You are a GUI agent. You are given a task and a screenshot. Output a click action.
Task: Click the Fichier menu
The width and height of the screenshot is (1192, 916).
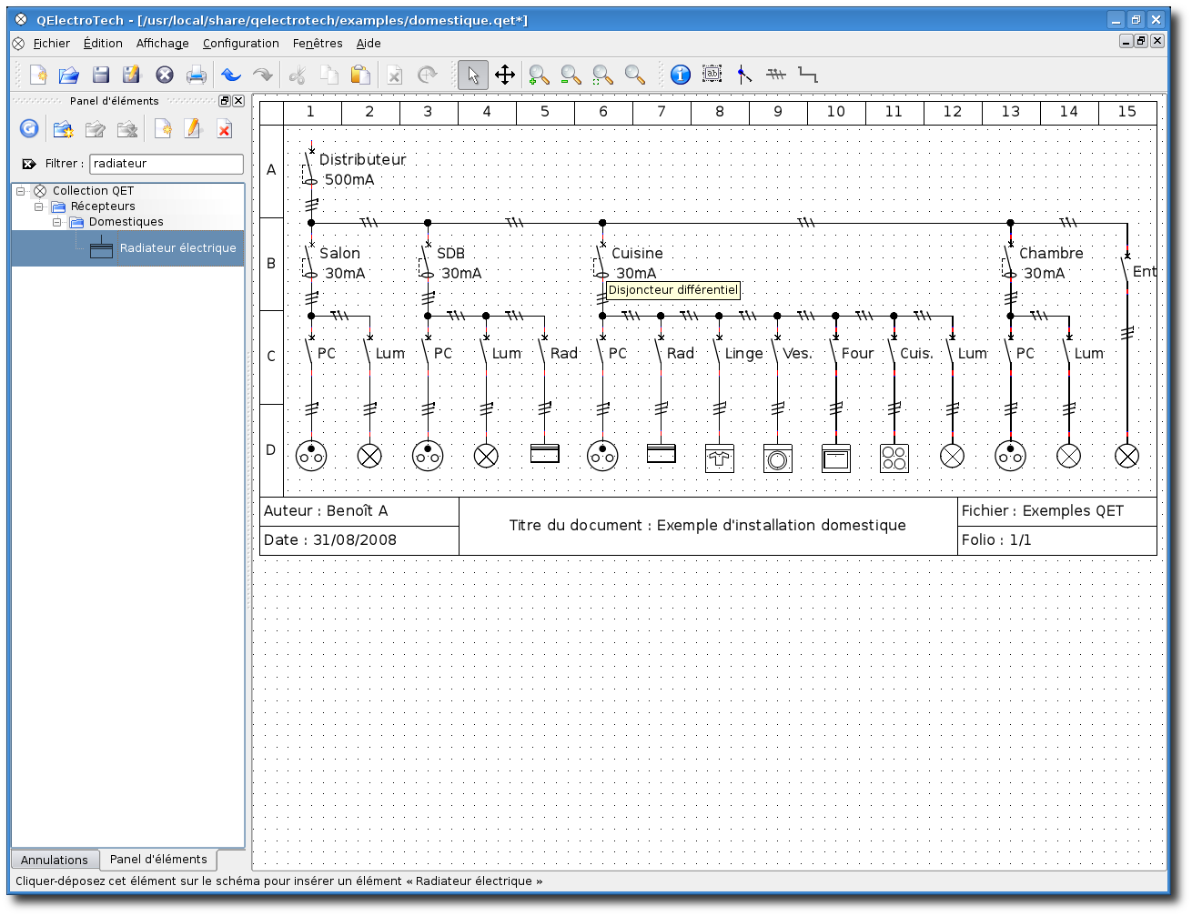(51, 44)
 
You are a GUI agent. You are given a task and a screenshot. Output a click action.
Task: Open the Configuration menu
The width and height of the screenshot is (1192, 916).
(240, 44)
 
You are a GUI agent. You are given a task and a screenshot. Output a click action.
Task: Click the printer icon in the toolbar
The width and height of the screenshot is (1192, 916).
(196, 75)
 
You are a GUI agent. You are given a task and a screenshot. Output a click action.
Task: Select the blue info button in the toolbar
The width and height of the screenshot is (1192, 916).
(681, 75)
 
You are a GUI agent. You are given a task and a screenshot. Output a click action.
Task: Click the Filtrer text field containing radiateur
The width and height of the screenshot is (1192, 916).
(167, 164)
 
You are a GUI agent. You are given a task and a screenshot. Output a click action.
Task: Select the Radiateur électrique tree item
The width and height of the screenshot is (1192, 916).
(177, 247)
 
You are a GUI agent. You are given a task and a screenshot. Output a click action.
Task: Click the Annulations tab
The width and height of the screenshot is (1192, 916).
(55, 860)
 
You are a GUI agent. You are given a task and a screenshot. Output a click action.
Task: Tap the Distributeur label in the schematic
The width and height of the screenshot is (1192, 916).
(362, 159)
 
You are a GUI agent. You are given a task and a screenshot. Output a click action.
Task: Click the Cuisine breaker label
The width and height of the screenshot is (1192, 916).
(637, 253)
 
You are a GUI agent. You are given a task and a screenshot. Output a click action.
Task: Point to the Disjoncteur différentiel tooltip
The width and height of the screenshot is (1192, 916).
(673, 290)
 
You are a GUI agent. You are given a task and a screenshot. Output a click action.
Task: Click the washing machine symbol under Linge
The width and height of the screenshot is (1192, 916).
(719, 458)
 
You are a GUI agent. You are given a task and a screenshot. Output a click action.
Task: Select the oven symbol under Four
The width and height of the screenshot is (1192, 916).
(835, 458)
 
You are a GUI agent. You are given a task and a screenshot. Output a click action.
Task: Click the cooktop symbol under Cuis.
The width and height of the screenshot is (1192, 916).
(894, 458)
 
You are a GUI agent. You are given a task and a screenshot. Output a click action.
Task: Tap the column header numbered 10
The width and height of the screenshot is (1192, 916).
(835, 112)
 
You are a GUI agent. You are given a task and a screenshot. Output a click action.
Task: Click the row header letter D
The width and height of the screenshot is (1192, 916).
(270, 450)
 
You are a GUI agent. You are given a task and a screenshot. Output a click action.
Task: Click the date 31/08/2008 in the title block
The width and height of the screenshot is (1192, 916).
(354, 540)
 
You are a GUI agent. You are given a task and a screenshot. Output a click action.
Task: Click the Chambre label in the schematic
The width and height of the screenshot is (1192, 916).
(1051, 253)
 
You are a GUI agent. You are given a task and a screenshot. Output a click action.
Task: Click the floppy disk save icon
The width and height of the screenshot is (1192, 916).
(100, 75)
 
